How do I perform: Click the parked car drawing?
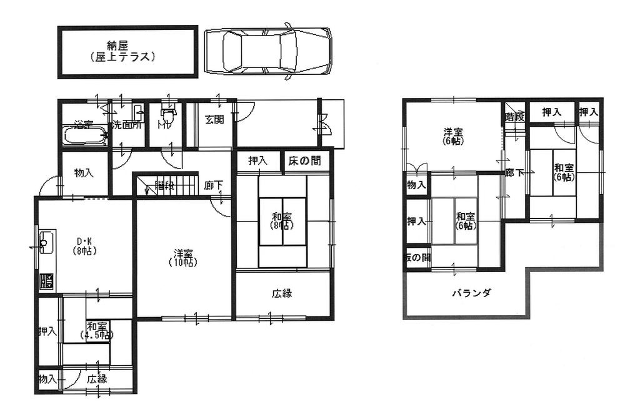coord(267,51)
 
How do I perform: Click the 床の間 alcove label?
coord(305,161)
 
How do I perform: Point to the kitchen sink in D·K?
coord(46,240)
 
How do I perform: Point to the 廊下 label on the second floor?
coord(514,173)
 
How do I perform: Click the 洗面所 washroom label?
coord(128,125)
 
